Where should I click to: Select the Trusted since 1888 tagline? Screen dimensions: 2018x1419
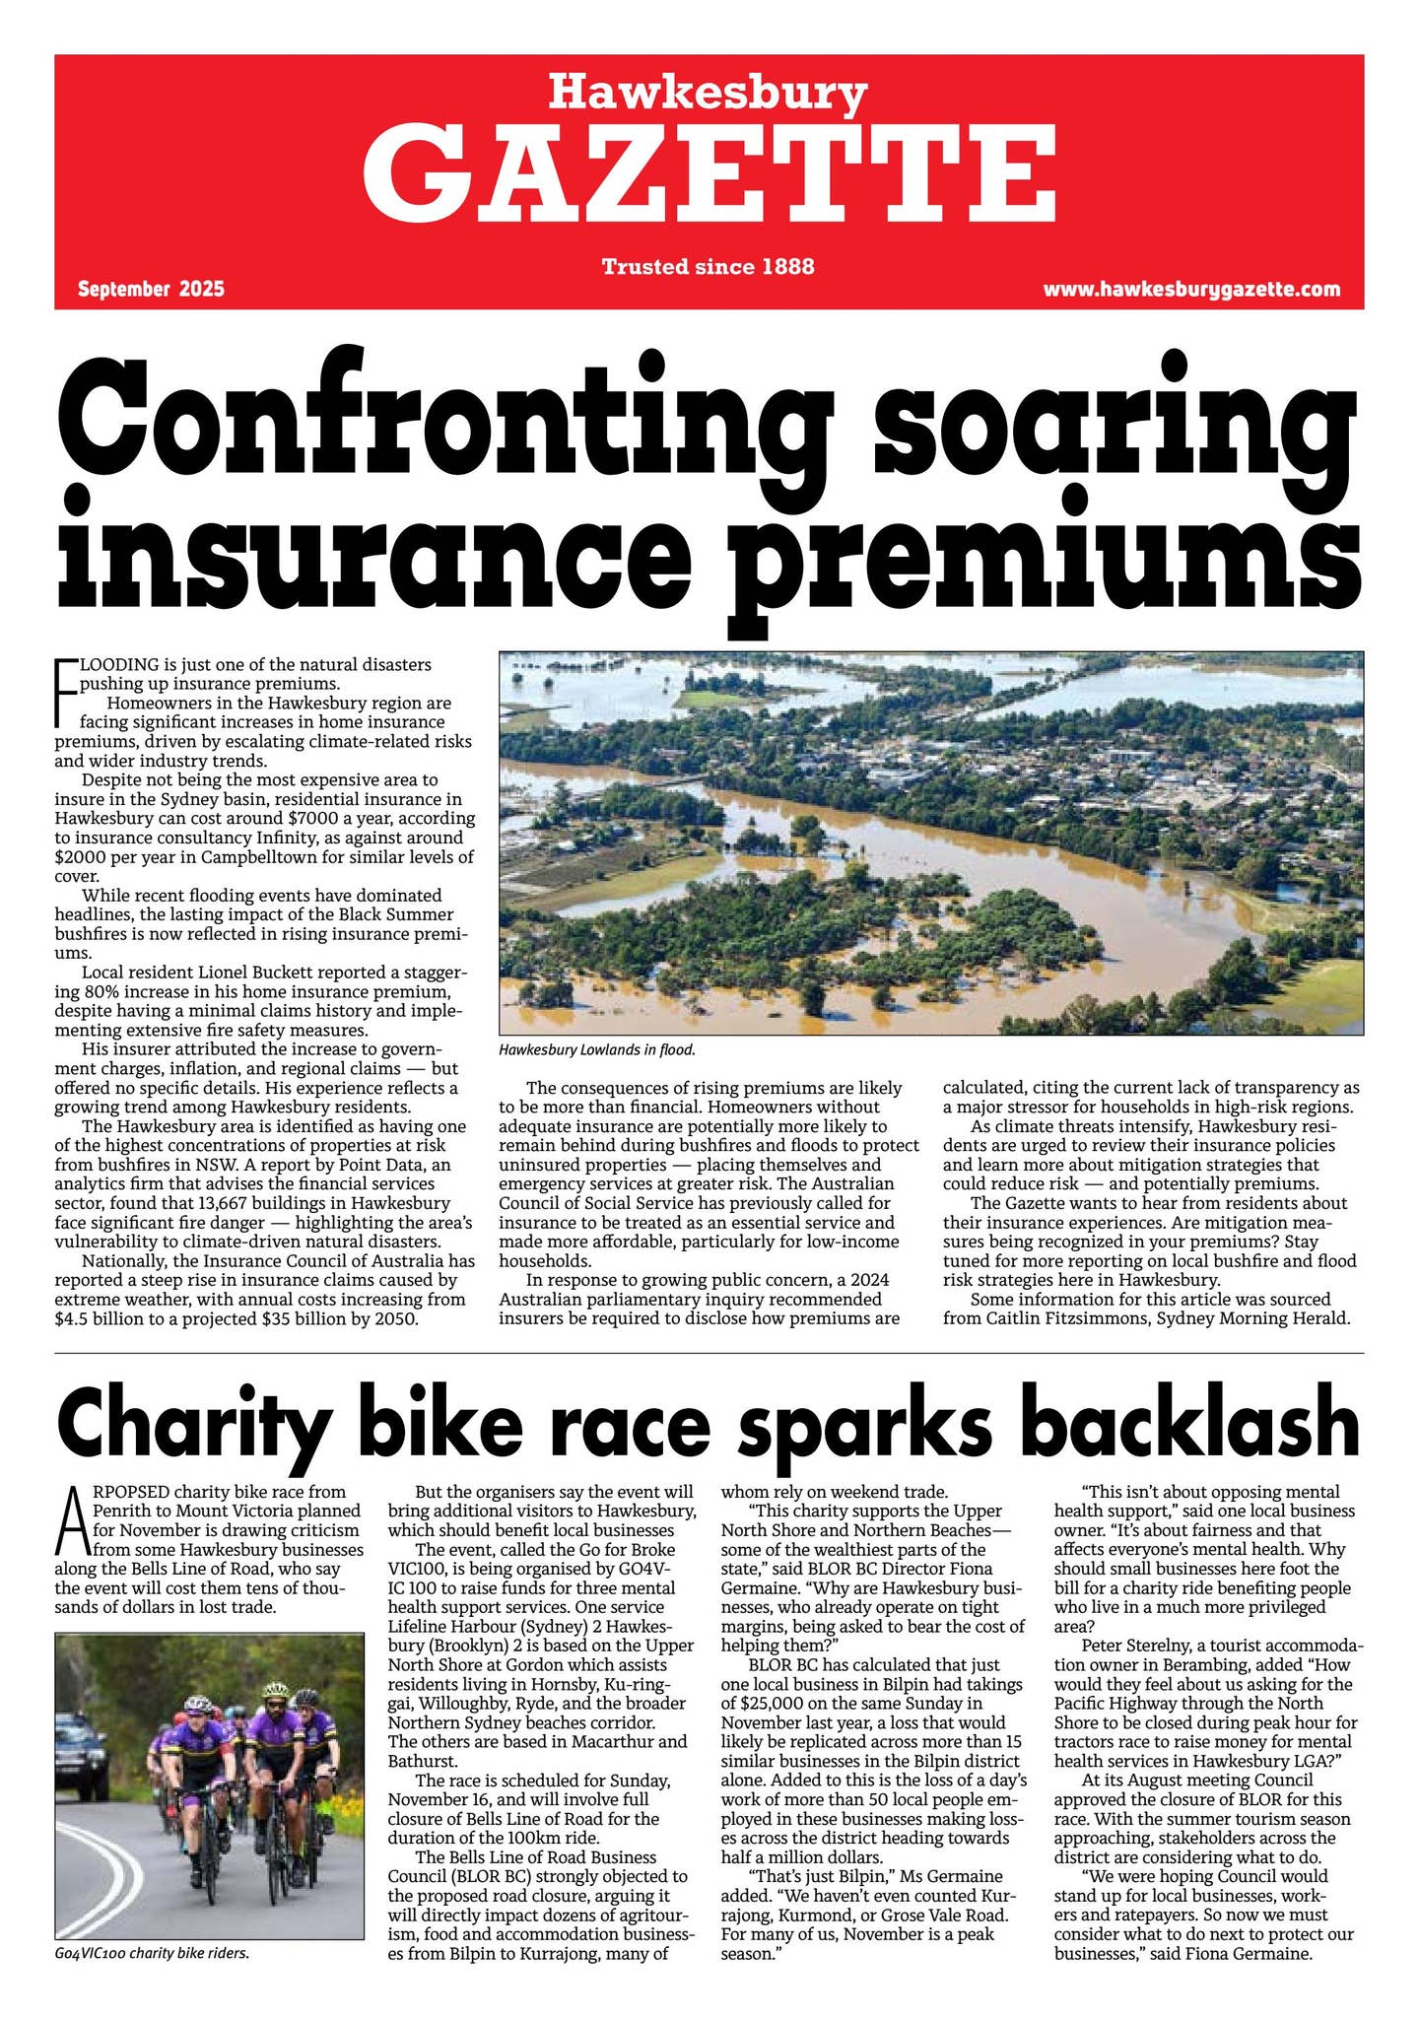coord(708,266)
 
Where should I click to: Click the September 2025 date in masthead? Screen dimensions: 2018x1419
coord(151,289)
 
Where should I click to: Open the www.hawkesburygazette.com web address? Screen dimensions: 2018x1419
coord(1191,289)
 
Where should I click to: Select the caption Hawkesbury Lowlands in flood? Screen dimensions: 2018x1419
coord(597,1049)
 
